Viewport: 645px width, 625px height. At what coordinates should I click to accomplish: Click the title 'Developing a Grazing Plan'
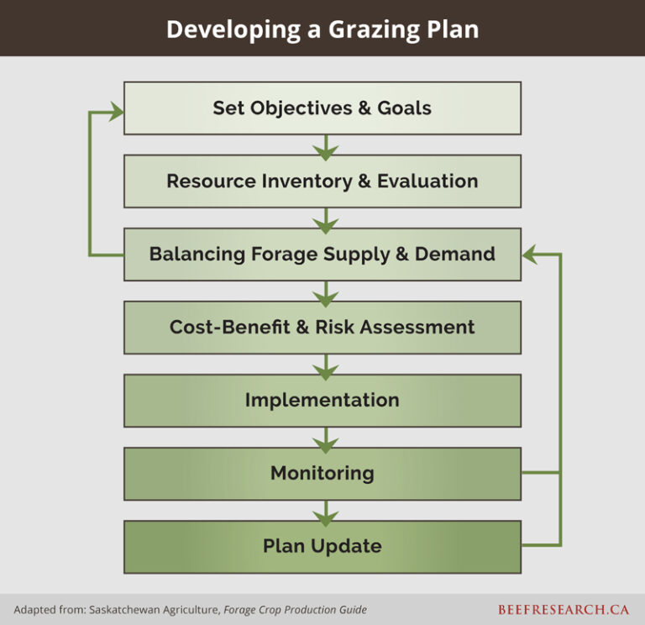tap(322, 29)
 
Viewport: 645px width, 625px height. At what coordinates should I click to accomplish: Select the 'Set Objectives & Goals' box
tap(322, 108)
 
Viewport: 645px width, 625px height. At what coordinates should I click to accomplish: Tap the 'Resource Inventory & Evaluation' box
tap(322, 181)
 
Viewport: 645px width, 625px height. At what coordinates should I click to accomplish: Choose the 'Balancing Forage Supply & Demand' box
tap(322, 254)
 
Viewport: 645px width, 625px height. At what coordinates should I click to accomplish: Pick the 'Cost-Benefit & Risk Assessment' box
tap(322, 327)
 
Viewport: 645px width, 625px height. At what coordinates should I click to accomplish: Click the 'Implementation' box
tap(322, 400)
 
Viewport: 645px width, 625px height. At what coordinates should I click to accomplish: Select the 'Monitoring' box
tap(322, 473)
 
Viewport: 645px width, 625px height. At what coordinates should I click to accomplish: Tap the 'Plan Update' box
tap(322, 546)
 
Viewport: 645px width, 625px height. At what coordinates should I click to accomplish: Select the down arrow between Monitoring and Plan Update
tap(325, 512)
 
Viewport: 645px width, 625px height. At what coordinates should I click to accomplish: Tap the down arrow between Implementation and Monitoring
tap(325, 439)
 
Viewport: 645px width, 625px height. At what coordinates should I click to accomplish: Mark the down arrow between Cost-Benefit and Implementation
tap(325, 365)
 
